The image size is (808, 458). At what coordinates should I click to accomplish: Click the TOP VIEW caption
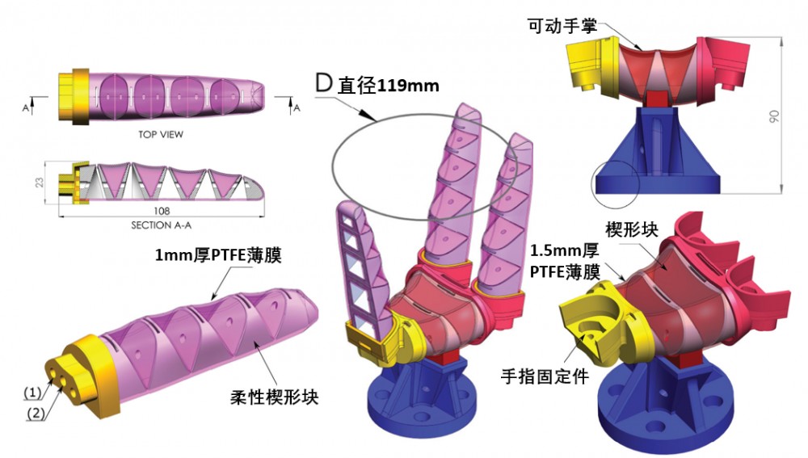pos(161,135)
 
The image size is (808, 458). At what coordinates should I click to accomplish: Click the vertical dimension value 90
pos(775,117)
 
